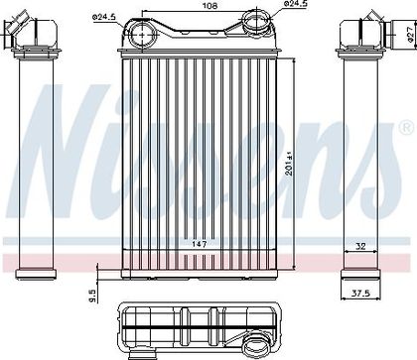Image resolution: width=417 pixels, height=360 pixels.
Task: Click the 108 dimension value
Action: tap(209, 6)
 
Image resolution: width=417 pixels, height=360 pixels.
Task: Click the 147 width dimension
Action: tap(200, 244)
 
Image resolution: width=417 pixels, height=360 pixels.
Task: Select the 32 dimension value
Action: tap(361, 246)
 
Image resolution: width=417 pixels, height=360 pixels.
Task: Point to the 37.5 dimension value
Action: tap(360, 293)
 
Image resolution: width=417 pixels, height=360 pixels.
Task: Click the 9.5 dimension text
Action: tap(93, 296)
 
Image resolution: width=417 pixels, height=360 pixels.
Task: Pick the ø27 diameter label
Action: tap(410, 34)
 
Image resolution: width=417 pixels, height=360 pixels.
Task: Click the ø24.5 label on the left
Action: tap(103, 17)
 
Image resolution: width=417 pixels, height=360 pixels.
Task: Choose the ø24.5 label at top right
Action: tap(296, 4)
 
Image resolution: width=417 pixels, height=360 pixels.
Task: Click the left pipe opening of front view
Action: tap(141, 34)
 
